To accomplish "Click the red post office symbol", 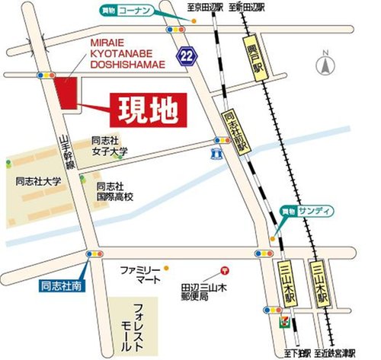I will tap(224, 269).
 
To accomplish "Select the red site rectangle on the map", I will tap(66, 95).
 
